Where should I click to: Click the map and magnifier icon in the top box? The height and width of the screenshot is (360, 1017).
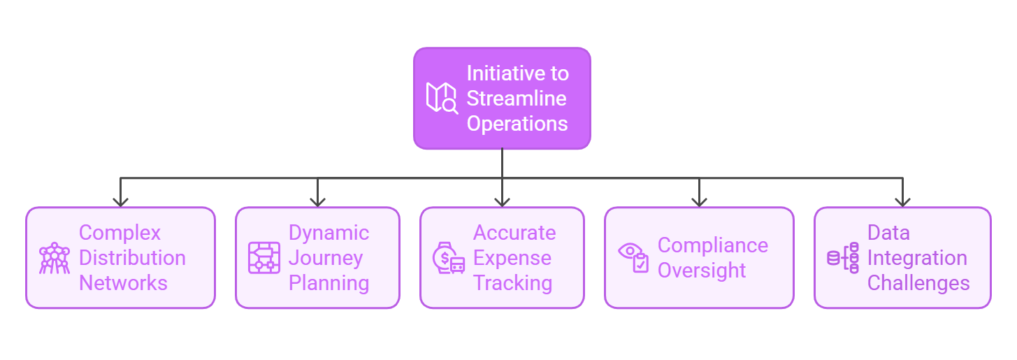(442, 99)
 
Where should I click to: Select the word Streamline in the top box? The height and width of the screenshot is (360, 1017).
(516, 99)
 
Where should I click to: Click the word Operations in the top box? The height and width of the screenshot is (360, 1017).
(517, 124)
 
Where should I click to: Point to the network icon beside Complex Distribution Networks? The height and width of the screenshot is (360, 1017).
(54, 258)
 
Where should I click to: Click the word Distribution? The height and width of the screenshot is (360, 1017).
(132, 258)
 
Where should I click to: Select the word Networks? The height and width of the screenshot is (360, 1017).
(123, 283)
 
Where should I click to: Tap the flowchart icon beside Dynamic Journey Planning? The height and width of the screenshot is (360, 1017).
(264, 258)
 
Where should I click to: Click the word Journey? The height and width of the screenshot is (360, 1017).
(326, 258)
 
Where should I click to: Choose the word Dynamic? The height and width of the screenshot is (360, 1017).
(329, 233)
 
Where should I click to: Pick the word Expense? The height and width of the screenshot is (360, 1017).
(512, 258)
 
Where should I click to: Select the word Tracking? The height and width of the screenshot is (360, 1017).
(512, 283)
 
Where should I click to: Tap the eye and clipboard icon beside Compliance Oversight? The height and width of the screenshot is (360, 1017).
(633, 258)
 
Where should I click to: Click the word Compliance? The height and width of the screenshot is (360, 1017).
(712, 245)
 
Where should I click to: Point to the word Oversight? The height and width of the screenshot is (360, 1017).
(702, 271)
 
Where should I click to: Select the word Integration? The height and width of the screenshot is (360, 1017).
(917, 258)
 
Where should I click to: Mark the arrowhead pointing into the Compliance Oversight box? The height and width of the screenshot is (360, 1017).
(699, 201)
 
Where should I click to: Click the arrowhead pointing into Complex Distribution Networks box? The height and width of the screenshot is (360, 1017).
(121, 201)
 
